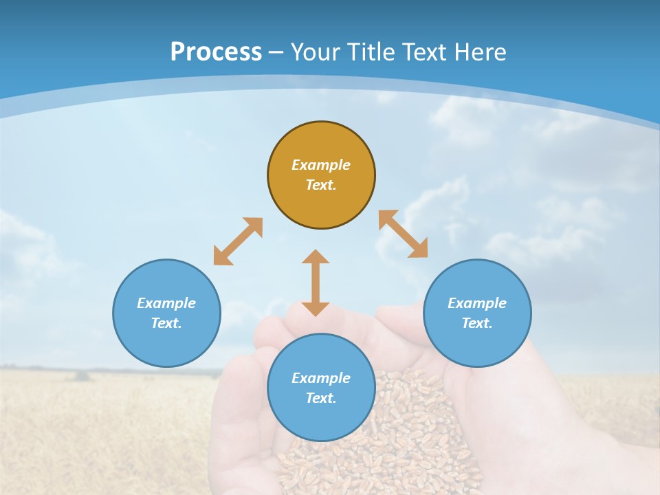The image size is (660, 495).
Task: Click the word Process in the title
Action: (216, 52)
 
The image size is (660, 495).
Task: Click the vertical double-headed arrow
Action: (316, 283)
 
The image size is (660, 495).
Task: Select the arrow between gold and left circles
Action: (238, 241)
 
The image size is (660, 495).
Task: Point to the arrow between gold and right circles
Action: (403, 234)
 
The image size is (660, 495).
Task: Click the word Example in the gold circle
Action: (321, 165)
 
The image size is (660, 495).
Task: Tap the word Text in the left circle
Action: (166, 323)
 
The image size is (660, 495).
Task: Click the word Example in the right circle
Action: (477, 303)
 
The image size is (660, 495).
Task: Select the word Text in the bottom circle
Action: (321, 398)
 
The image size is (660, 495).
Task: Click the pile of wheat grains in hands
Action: (385, 440)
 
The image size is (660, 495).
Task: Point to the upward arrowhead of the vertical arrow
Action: (316, 257)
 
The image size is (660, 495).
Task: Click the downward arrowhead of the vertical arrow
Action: (316, 309)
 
